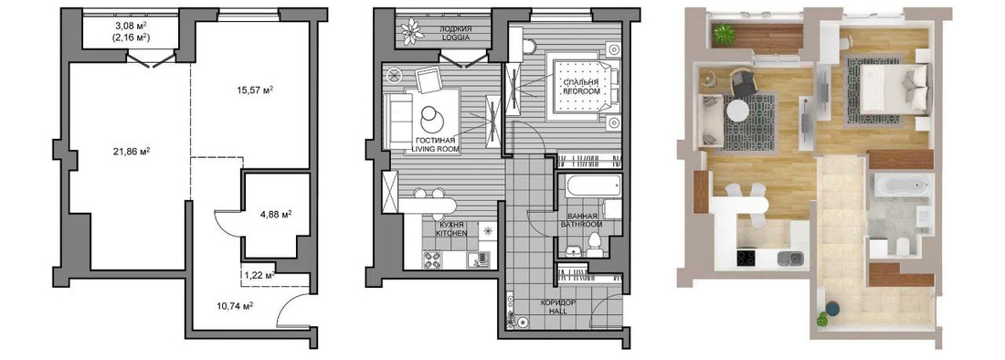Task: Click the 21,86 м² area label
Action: tap(130, 151)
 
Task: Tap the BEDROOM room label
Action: tap(582, 91)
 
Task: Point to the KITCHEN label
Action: tap(450, 235)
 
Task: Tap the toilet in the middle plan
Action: tap(594, 246)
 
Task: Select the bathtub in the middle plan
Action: tap(591, 187)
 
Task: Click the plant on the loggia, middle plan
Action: tap(409, 31)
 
